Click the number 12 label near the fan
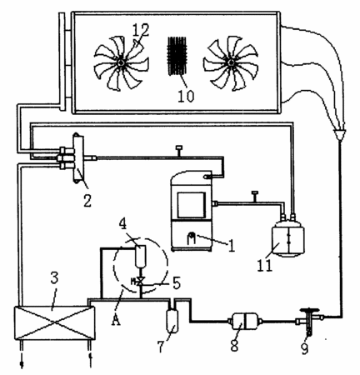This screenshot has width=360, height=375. point(141,30)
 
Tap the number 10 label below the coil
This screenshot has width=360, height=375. point(186,96)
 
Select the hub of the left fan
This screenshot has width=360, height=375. point(121,63)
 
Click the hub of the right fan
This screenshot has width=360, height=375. point(231,63)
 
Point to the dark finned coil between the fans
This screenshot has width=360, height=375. point(177,56)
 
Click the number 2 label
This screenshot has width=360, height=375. point(87,201)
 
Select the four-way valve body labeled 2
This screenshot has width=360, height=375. point(78,158)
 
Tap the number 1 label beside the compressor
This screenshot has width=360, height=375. point(232,246)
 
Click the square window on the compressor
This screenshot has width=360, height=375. point(192,205)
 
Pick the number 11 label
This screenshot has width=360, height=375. point(265,266)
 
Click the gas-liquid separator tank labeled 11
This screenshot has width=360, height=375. point(288,238)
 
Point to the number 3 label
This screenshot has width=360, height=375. point(54,277)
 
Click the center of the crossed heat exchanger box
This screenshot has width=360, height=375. point(54,322)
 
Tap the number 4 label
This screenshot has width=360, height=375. point(123,224)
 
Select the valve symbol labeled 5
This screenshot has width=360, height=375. point(140,282)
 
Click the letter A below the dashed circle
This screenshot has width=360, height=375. point(116,320)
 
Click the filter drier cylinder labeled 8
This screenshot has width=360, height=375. point(244,322)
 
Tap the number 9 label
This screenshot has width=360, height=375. point(305,348)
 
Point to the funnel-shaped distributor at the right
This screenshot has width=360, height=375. point(339,134)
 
